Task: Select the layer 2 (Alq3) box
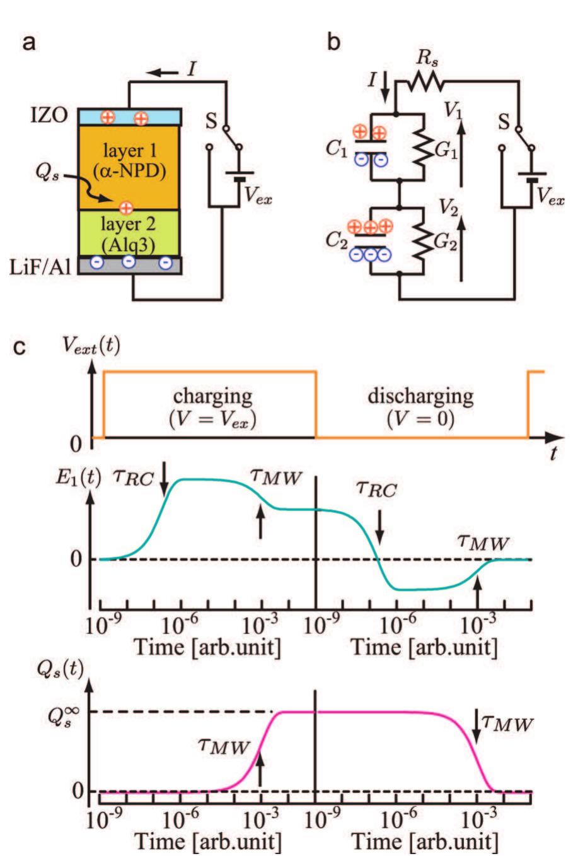click(x=129, y=232)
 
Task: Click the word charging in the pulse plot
click(x=210, y=397)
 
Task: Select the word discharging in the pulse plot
click(x=420, y=397)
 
